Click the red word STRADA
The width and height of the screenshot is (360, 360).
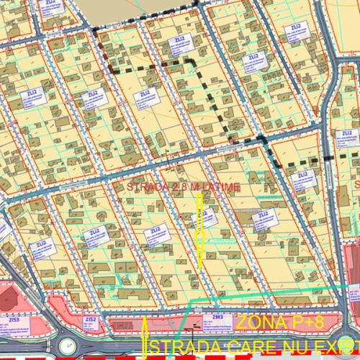click(x=145, y=187)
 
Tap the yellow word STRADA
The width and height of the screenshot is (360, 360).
click(x=180, y=349)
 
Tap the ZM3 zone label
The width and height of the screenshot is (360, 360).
click(x=217, y=317)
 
